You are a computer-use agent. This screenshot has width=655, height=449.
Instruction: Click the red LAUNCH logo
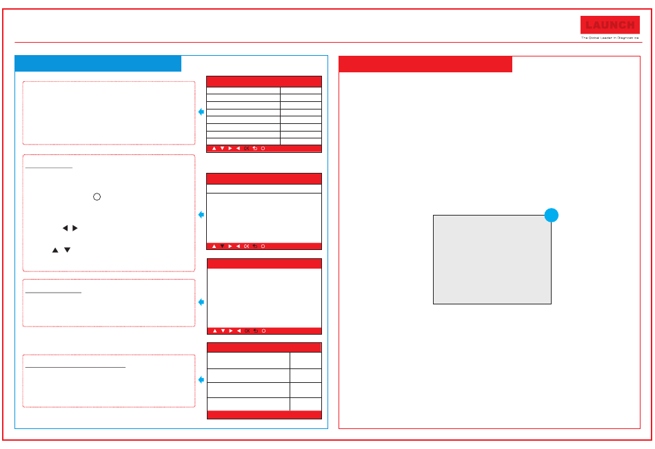point(609,25)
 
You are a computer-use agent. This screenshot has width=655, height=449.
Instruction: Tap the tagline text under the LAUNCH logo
point(609,39)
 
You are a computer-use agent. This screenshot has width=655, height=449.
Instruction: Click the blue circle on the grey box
point(550,215)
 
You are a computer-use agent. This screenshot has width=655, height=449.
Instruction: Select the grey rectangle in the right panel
point(492,260)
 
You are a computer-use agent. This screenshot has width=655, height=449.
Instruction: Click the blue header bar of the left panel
point(98,63)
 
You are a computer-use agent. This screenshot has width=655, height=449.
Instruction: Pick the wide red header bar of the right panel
point(425,64)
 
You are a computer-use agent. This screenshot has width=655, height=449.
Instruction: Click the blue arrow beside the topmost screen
point(201,112)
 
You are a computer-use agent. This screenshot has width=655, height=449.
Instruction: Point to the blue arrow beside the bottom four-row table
point(201,380)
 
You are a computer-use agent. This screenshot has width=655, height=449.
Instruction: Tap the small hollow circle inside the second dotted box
point(97,196)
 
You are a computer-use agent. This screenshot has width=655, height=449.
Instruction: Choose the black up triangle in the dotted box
point(54,250)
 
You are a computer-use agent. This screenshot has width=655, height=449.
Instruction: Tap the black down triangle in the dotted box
point(67,250)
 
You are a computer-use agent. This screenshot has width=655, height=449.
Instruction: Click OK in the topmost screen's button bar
point(247,149)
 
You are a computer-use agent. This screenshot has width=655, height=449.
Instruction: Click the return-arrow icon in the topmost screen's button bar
point(255,149)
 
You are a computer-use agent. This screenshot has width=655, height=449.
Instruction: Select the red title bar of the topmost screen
point(264,81)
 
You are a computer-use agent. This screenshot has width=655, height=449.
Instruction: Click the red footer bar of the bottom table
point(264,415)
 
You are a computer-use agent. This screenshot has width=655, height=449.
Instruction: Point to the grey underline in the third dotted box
point(53,293)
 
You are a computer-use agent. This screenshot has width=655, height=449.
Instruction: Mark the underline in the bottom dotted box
point(75,367)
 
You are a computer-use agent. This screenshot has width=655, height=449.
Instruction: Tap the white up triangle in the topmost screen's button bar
point(214,149)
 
